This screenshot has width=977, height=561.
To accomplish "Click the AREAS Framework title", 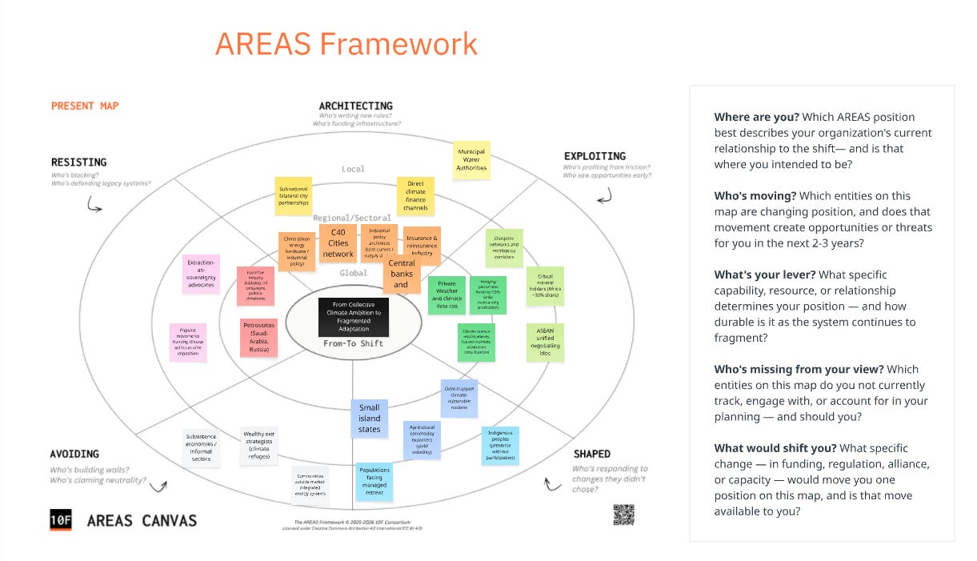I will click(x=346, y=43).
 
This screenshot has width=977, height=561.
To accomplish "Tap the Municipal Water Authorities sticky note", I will click(x=471, y=161).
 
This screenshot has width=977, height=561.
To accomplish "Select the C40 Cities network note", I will click(x=338, y=243).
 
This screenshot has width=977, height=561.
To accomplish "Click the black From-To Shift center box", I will click(x=353, y=317).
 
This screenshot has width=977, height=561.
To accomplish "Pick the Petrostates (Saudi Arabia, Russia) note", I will click(x=259, y=337).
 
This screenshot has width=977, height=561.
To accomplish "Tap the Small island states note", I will click(x=369, y=419).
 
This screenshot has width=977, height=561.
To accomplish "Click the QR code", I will click(x=623, y=515).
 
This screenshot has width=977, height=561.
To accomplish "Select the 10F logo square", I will click(x=61, y=520).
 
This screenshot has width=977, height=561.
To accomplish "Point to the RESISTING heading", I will click(x=78, y=162).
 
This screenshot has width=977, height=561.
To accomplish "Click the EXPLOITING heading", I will click(x=595, y=156).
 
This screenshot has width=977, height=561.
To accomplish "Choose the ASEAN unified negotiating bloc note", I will click(x=545, y=342).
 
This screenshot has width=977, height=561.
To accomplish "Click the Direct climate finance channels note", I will click(x=415, y=196).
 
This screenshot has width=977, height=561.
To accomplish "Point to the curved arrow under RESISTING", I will click(x=94, y=206).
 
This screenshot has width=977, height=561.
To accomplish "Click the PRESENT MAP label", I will click(x=84, y=106).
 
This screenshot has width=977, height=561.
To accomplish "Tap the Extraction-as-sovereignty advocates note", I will click(x=201, y=273).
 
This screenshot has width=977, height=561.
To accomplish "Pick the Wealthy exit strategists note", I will click(x=259, y=445).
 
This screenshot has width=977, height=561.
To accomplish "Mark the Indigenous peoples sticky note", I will click(x=500, y=446).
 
